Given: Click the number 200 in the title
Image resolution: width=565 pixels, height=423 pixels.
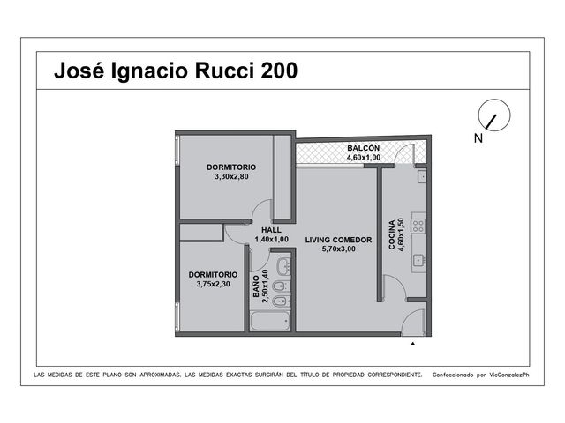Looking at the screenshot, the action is [279, 70].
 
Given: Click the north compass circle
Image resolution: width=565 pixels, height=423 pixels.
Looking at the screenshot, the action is [494, 115].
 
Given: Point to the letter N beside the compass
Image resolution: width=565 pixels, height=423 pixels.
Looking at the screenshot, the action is [478, 138].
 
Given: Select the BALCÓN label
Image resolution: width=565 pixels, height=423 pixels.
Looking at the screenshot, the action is [363, 148].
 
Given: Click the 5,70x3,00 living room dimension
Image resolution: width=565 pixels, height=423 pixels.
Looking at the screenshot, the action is [338, 249].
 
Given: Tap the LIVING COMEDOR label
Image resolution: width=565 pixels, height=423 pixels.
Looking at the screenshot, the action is [338, 240].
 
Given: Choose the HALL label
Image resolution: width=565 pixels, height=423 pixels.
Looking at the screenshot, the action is [271, 230].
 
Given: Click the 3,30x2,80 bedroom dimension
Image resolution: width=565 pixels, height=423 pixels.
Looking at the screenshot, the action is [231, 176].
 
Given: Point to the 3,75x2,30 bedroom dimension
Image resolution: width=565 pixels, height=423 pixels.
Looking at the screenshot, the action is [213, 284].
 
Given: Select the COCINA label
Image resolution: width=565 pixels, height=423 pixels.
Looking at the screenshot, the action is [392, 234].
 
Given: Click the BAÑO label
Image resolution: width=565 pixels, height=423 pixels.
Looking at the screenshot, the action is [256, 286].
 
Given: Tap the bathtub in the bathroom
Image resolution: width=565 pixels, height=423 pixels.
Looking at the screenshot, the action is [270, 321].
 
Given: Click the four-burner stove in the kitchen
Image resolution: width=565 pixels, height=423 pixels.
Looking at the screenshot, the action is [418, 226].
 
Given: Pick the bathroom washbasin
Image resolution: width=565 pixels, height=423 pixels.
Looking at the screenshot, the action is [283, 266].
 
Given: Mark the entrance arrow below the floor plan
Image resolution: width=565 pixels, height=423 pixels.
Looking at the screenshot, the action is [413, 344].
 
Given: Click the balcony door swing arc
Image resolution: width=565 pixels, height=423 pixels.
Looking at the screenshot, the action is [401, 151].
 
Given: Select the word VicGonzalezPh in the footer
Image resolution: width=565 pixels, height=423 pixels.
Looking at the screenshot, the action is [509, 375].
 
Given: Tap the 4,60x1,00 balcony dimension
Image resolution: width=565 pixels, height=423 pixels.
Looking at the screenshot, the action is [363, 157].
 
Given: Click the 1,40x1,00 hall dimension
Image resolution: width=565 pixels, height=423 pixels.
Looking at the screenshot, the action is [271, 239].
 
